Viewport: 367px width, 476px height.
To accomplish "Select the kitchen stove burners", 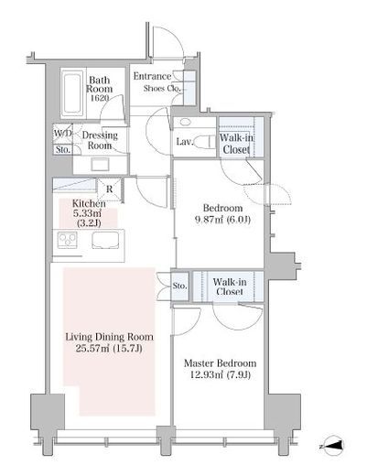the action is pos(68,240).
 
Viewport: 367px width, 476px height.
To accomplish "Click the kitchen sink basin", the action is pos(105,240).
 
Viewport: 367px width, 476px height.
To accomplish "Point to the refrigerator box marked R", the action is pos(110,189).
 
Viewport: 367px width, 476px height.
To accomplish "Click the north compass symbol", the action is pos(333,446).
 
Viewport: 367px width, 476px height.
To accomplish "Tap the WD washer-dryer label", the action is pos(62,134).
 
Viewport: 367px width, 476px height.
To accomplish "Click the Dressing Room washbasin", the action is pos(101,165).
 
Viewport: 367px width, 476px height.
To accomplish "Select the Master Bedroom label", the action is pos(220,363).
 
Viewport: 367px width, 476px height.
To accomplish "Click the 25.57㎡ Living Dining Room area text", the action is pos(109,348).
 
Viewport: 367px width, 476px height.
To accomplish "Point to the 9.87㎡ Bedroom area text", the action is pos(222,220).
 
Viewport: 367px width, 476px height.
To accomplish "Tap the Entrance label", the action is pos(152,76).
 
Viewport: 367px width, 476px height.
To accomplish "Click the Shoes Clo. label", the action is pos(162,89).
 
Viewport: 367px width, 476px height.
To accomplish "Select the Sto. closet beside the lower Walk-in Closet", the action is pos(179,286).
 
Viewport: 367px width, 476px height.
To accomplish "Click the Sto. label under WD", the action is pos(63,149).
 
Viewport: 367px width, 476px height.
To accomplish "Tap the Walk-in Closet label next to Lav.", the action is pos(236,144).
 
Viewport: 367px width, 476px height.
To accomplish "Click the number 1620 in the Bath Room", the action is pos(100,98).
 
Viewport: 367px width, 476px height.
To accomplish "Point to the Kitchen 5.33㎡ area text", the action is pos(89,213).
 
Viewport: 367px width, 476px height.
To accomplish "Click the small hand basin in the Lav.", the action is pos(185,123).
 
